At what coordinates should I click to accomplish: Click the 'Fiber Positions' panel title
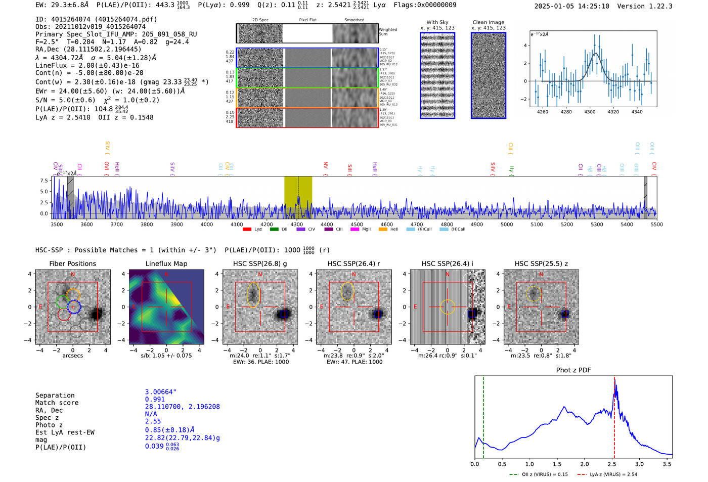pos(72,264)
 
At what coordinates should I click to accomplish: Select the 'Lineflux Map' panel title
pos(166,264)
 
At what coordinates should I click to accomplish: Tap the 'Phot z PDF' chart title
pos(573,370)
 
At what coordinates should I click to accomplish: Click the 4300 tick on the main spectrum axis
pos(297,225)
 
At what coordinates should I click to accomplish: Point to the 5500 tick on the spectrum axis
pos(656,225)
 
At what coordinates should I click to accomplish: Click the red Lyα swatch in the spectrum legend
pos(247,230)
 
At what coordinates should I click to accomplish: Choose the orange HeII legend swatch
pos(383,230)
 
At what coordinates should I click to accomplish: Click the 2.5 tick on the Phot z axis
pos(612,464)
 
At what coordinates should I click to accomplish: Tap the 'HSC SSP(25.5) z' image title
pos(541,264)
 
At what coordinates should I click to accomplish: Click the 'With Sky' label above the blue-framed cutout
pos(437,22)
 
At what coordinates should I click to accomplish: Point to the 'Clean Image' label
pos(488,22)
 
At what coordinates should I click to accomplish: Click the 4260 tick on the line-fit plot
pos(542,112)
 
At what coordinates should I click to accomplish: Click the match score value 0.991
pos(155,400)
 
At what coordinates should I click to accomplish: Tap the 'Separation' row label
pos(55,396)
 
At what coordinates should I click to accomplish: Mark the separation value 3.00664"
pos(161,392)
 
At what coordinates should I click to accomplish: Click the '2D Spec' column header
pos(260,20)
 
